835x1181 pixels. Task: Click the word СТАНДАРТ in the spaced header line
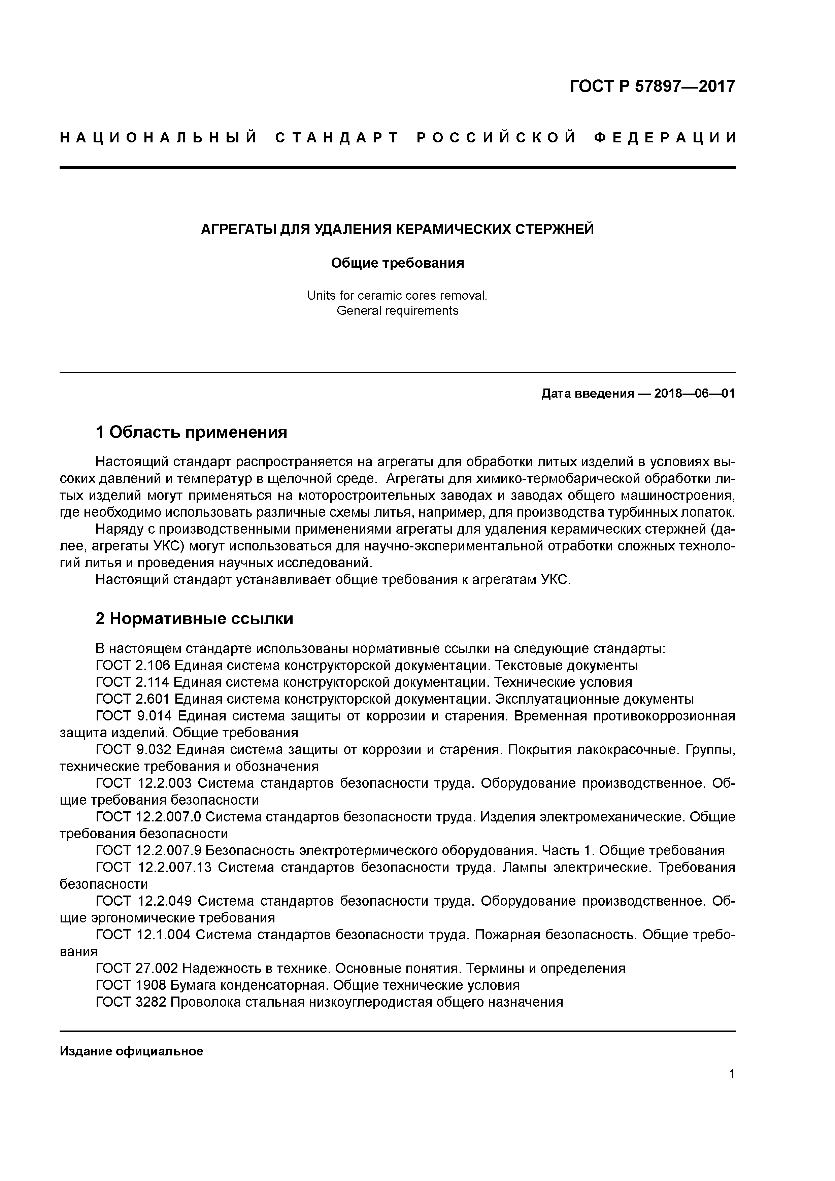point(337,138)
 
